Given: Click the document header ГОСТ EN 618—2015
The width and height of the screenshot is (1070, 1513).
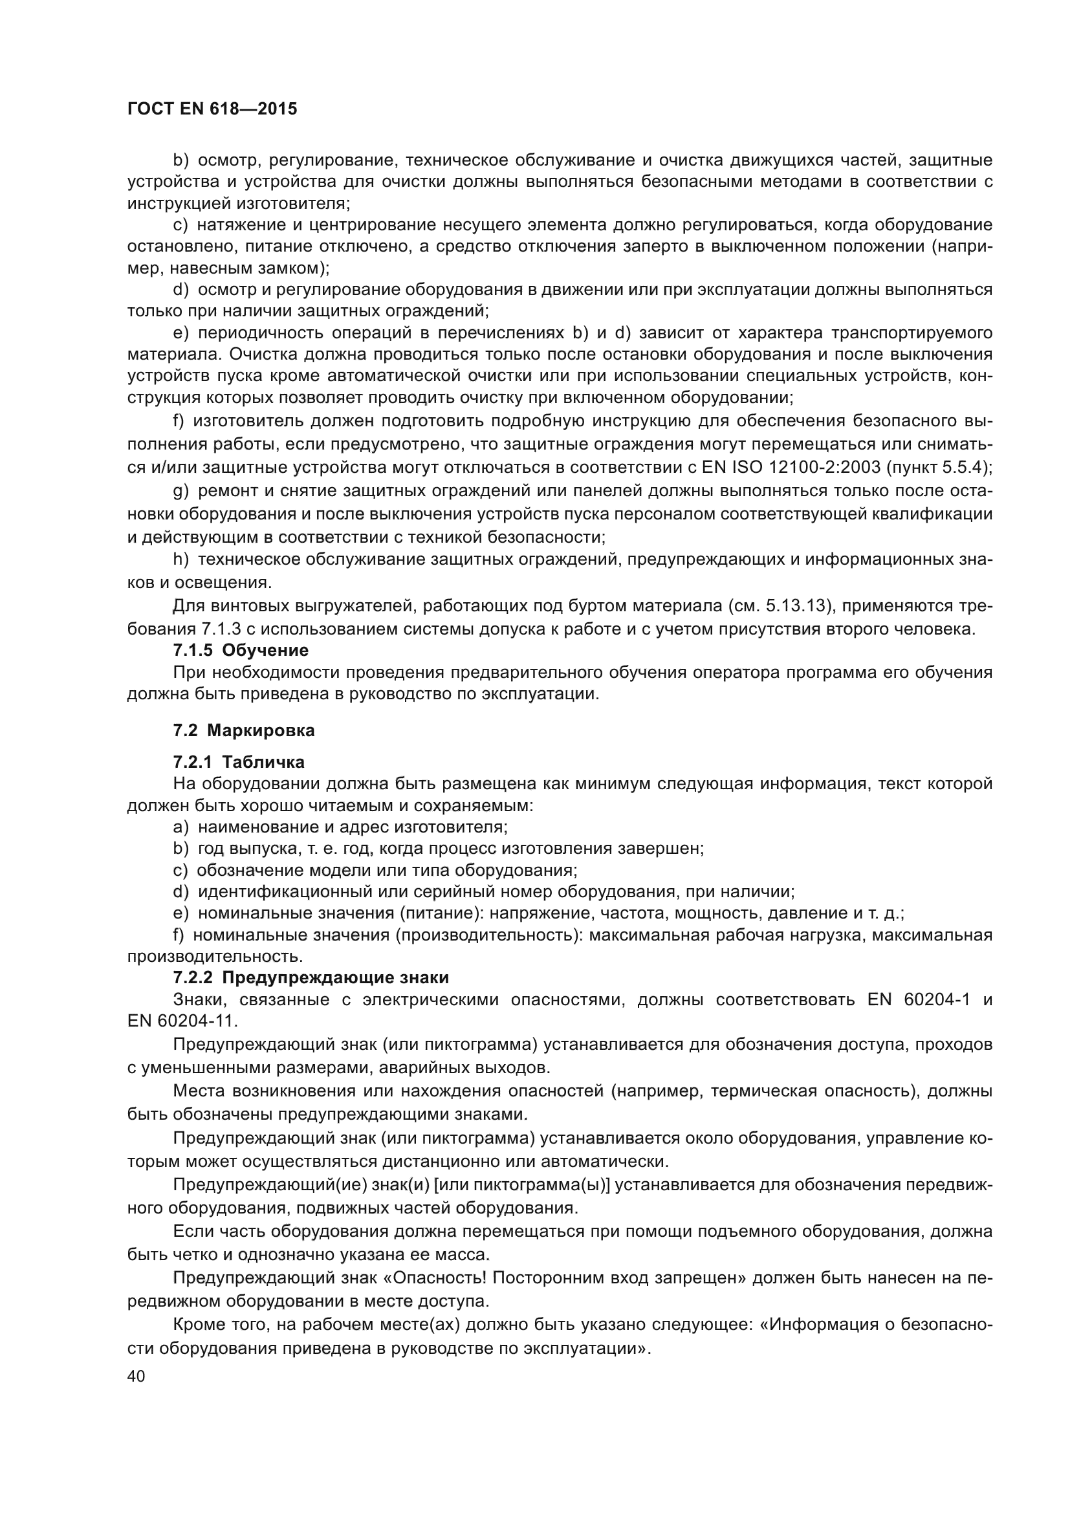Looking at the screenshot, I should tap(212, 109).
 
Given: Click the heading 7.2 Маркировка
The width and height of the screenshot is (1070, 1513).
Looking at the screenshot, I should tap(244, 730).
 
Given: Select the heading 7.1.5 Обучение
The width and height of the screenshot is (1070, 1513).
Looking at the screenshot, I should tap(241, 650).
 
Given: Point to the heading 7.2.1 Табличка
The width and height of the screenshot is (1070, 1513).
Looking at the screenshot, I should tap(239, 763).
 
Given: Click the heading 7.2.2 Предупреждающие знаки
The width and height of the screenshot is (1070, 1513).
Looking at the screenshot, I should tap(311, 977).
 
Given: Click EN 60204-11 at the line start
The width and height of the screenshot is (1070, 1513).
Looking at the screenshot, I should tap(182, 1021).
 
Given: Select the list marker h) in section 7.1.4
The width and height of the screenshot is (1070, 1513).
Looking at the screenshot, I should tap(181, 560).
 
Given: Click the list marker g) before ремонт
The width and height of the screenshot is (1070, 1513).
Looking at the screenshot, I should tap(181, 490).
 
